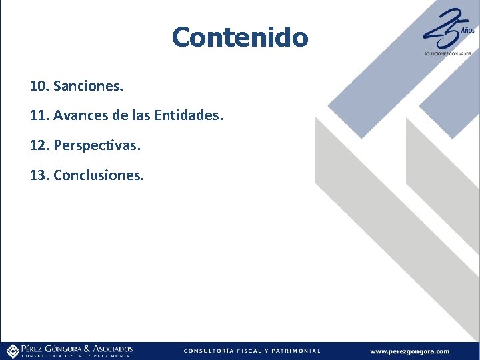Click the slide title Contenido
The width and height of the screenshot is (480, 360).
click(x=240, y=37)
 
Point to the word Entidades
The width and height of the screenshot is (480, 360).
click(x=189, y=116)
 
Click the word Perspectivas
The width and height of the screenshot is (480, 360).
click(x=97, y=145)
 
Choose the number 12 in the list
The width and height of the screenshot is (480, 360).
click(x=39, y=145)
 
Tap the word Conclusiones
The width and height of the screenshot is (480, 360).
click(x=99, y=175)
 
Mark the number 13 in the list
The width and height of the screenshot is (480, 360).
click(x=39, y=175)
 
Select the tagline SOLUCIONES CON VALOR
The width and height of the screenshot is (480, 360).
click(x=447, y=53)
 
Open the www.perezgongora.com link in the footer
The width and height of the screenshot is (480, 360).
click(x=409, y=351)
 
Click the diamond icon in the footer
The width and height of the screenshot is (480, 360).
click(x=12, y=351)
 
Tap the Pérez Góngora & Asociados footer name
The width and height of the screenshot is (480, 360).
click(x=77, y=349)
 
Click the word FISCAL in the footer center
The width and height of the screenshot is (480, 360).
click(x=254, y=351)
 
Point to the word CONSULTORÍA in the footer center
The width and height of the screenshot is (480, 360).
click(x=208, y=351)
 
